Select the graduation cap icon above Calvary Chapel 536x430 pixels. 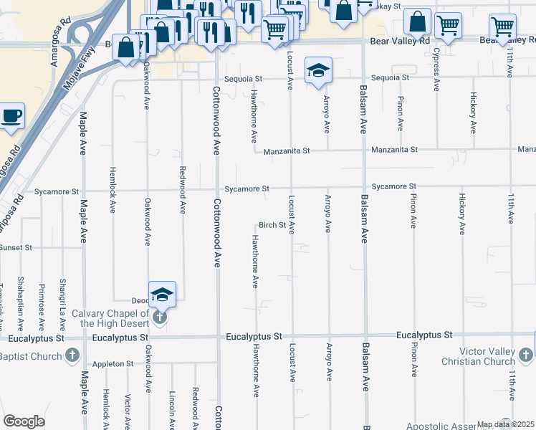[x=163, y=294]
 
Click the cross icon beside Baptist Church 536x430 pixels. [x=72, y=355]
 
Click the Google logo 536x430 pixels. [x=24, y=421]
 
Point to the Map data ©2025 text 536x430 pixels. [x=506, y=424]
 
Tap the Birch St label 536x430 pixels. [x=272, y=225]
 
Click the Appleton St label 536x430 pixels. [x=113, y=364]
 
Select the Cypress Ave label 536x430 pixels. [x=436, y=70]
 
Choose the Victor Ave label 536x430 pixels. [x=127, y=408]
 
